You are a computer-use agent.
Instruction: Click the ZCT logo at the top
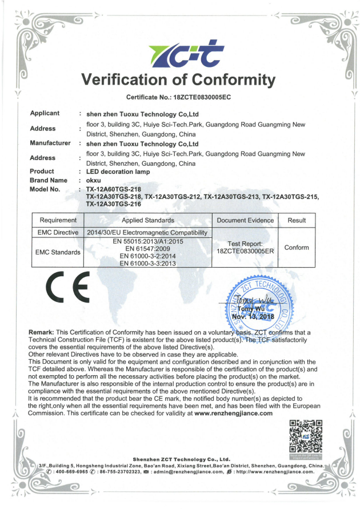179,53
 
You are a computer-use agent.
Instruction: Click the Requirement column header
58,220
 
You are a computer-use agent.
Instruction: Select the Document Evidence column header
245,220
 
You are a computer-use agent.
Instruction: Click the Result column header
297,220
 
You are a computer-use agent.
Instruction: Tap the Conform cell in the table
297,248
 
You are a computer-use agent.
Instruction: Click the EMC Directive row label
58,233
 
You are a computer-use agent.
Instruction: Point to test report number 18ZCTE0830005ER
245,251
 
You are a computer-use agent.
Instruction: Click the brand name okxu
94,180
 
